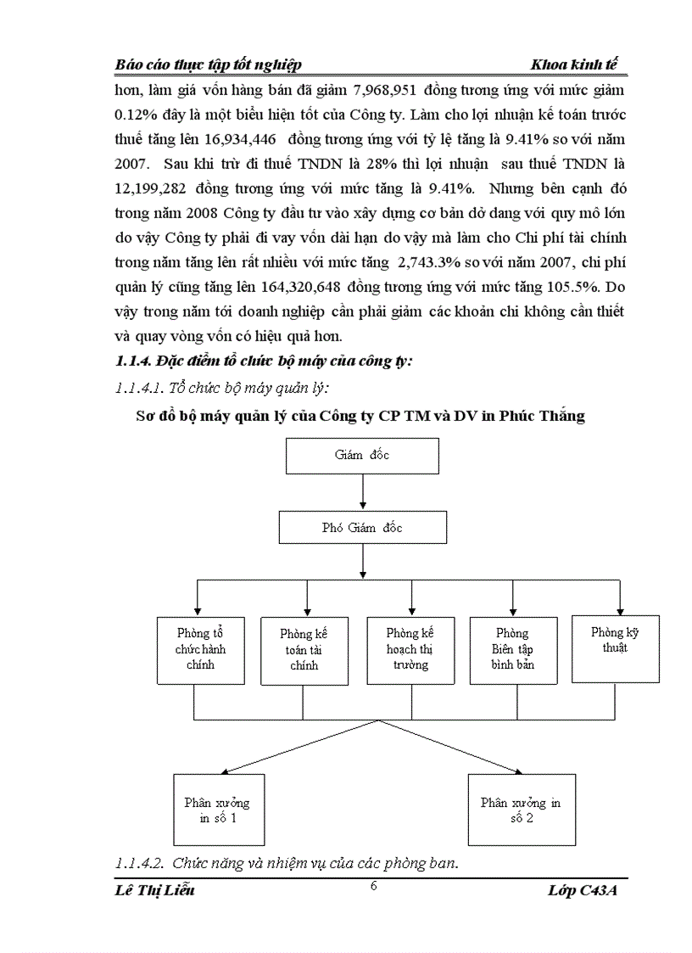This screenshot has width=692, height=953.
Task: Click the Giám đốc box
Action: tap(362, 456)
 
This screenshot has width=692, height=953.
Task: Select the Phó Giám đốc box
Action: tap(362, 528)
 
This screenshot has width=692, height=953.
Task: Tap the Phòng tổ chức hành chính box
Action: tap(200, 650)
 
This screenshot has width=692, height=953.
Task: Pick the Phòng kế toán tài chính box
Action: tap(304, 651)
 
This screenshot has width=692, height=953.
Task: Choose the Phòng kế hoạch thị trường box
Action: tap(410, 650)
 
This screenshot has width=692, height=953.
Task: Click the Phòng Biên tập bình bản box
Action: tap(513, 650)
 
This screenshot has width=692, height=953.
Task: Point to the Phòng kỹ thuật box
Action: tap(615, 648)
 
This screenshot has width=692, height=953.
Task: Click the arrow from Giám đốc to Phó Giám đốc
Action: tap(362, 492)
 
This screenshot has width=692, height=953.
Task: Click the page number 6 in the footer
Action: tap(374, 886)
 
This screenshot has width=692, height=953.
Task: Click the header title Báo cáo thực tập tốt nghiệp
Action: tap(209, 65)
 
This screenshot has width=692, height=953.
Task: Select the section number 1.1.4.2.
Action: tap(138, 864)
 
